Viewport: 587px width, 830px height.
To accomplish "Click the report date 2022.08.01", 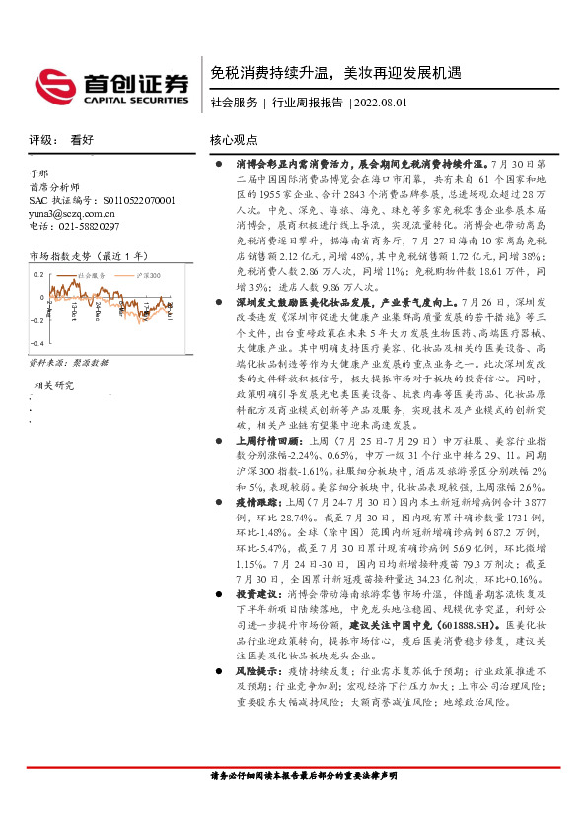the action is pyautogui.click(x=381, y=103).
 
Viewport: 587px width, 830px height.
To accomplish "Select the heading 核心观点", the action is pyautogui.click(x=234, y=140).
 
